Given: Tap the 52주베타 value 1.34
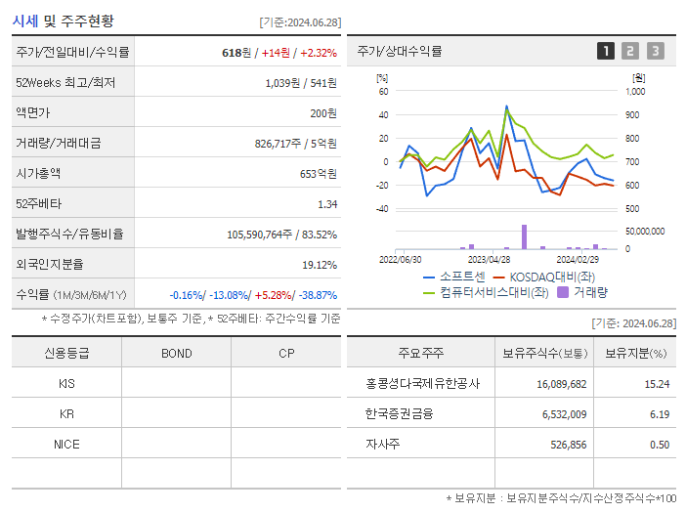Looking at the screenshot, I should (326, 203).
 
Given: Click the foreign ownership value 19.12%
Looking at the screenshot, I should (320, 264).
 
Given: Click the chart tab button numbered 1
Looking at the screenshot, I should (606, 51).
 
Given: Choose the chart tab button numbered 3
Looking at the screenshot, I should (655, 51).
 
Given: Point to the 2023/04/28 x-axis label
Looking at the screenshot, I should (489, 260).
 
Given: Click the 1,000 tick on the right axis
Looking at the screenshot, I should (635, 91).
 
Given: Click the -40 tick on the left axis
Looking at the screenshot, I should (382, 209).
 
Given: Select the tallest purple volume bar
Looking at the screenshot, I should (524, 236).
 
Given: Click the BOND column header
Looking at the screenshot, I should (176, 353).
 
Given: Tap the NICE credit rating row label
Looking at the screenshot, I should (66, 444).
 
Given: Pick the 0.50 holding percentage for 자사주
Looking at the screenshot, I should (659, 445).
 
